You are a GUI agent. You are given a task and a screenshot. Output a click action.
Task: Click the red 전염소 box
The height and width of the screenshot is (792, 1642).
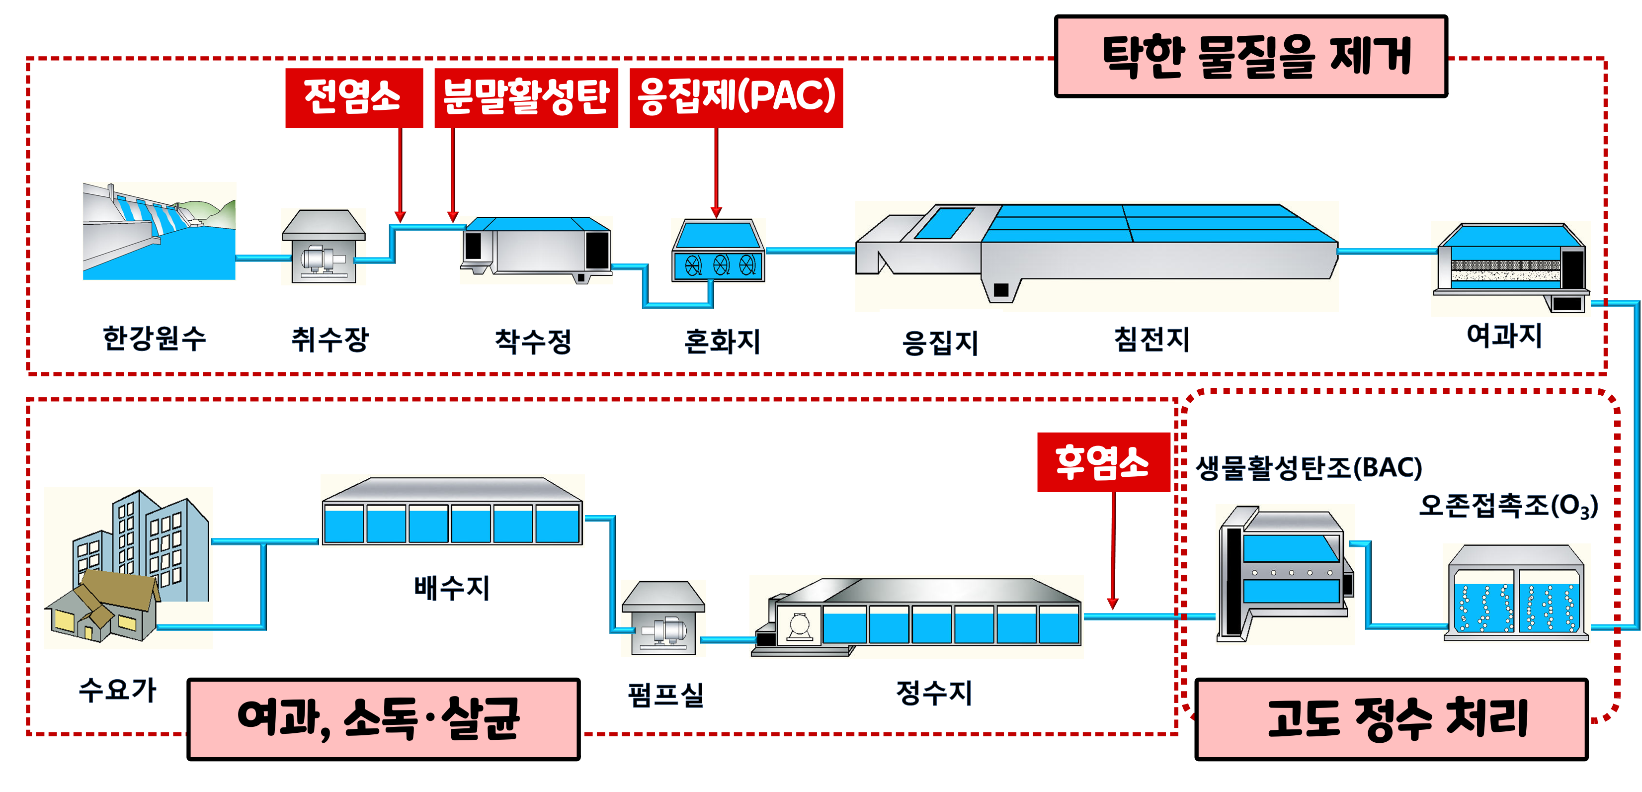tap(354, 97)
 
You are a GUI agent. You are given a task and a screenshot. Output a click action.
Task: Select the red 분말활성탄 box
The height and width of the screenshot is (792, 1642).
tap(526, 97)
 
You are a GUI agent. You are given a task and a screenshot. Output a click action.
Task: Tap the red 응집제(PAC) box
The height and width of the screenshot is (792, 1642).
tap(736, 97)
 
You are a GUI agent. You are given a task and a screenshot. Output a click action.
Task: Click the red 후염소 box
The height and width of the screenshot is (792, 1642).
tap(1103, 462)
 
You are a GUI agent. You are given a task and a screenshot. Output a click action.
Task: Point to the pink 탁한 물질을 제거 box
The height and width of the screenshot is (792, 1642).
tap(1250, 56)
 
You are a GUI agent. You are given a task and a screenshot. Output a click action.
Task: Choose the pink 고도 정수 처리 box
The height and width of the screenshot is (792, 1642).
tap(1391, 719)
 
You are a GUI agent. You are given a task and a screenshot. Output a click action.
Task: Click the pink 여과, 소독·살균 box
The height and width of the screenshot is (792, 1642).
tap(383, 719)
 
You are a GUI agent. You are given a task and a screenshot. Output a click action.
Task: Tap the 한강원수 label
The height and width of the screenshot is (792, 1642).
tap(154, 338)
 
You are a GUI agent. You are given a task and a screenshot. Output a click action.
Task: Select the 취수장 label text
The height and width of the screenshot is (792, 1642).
tap(329, 339)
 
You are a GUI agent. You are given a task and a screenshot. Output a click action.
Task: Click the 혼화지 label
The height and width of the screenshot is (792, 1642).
tap(722, 341)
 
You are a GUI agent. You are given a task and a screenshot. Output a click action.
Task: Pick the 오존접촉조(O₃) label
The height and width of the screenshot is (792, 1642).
tap(1507, 506)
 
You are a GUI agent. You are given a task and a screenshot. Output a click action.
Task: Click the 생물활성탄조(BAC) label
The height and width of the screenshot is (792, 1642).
tap(1308, 468)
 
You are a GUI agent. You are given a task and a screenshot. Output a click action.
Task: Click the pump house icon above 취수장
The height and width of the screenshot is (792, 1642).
tap(324, 246)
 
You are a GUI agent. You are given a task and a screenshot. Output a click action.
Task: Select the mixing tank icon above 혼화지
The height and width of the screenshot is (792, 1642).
tap(719, 250)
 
